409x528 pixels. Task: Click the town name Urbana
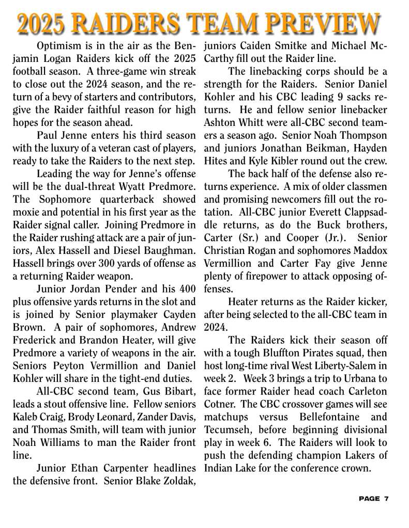(x=360, y=378)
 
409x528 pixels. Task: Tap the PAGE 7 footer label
(x=373, y=499)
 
